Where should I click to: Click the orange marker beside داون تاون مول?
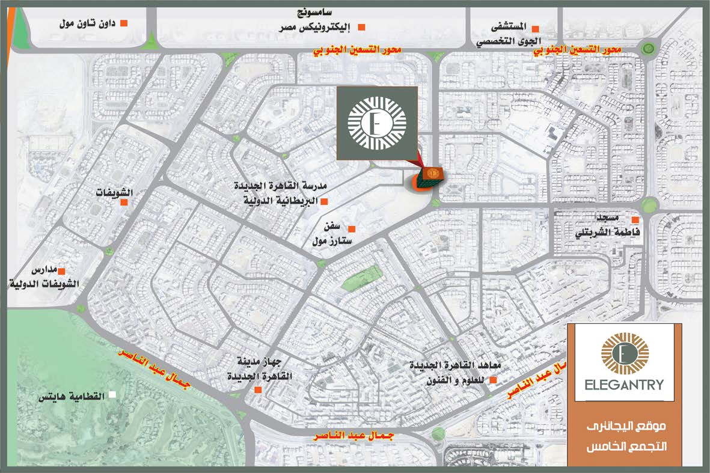tap(124, 23)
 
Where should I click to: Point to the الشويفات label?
tap(115, 193)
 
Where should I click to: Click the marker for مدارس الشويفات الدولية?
tap(61, 272)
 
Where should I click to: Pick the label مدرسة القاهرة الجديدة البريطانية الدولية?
tap(276, 193)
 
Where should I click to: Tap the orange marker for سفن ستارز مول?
tap(352, 228)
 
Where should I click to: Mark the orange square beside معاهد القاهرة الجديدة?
tap(493, 380)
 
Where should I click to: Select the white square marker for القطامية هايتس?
tap(111, 395)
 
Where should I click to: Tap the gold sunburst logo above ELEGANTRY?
tap(625, 355)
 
